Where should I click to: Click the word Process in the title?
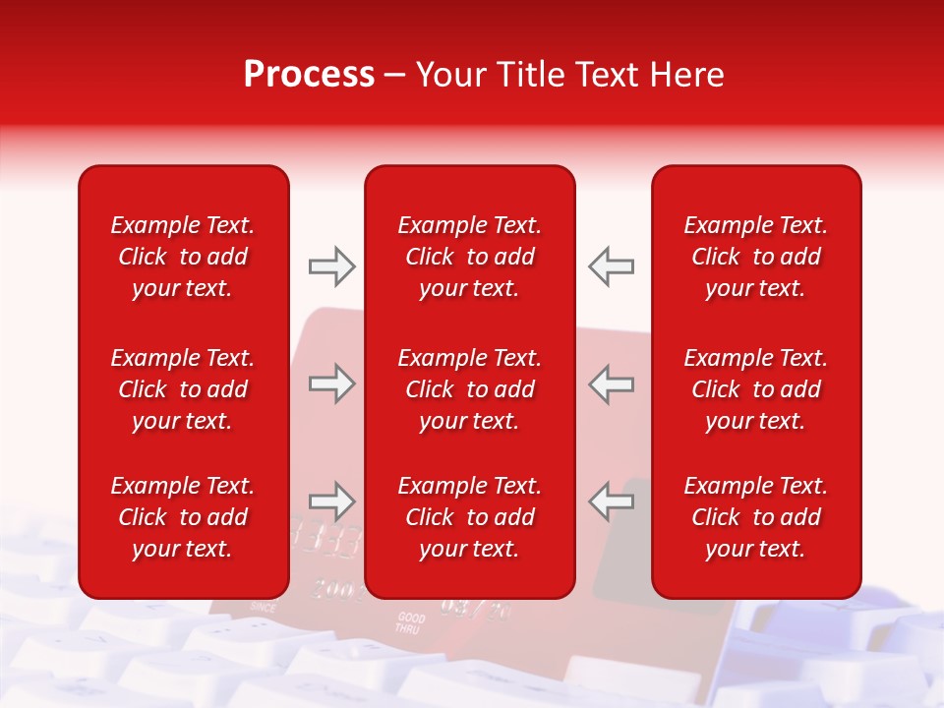[309, 75]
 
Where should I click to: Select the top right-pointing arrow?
[332, 266]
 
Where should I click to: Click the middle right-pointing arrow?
[332, 383]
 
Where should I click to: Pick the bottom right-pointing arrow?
[332, 501]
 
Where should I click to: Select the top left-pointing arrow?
[611, 266]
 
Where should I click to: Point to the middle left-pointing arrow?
[611, 383]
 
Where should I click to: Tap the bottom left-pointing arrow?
[611, 501]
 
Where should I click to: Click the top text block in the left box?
[183, 257]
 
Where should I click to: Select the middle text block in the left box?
[183, 389]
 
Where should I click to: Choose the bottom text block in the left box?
[183, 517]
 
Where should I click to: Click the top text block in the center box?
[469, 257]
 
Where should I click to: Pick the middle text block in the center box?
[469, 389]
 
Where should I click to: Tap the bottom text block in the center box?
[469, 517]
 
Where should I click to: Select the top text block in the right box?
[755, 257]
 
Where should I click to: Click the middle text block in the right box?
[755, 389]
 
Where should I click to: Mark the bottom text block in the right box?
[755, 517]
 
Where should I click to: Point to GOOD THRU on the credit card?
[410, 622]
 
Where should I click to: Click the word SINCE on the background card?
[265, 608]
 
